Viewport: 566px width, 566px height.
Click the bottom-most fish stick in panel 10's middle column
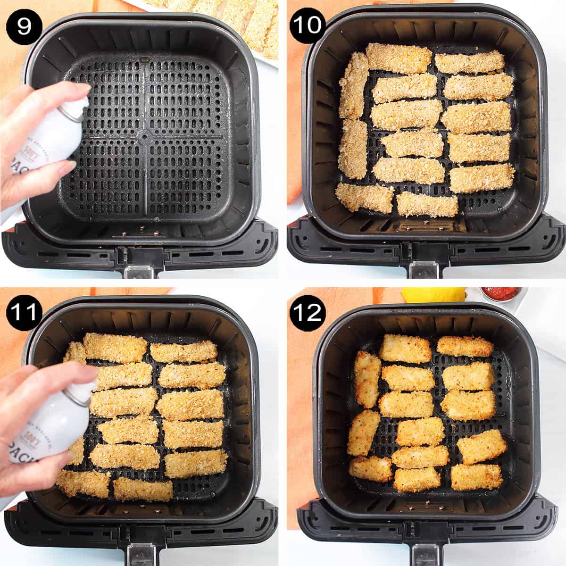[x=427, y=204]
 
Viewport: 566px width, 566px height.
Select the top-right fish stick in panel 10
[x=469, y=62]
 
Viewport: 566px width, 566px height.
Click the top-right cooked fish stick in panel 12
[x=465, y=346]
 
